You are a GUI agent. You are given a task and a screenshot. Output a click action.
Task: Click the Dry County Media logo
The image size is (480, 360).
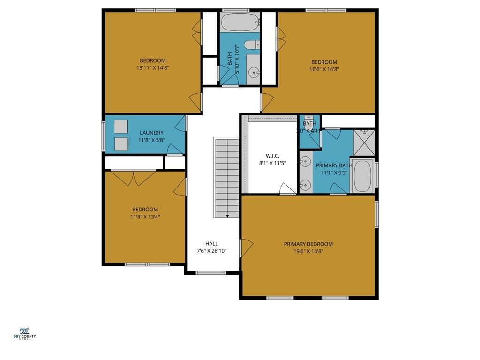point(28,334)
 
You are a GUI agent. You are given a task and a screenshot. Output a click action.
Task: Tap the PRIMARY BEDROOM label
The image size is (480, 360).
point(308,244)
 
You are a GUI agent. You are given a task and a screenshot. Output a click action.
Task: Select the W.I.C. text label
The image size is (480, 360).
point(272,155)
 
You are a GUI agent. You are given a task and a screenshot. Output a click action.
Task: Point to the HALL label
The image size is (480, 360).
point(211,243)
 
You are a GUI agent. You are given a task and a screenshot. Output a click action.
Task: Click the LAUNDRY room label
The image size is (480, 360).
point(151,133)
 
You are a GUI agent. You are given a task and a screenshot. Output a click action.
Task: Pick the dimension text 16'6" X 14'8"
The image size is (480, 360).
point(324,69)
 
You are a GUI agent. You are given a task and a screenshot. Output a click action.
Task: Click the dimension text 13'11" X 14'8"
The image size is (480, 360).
point(153,68)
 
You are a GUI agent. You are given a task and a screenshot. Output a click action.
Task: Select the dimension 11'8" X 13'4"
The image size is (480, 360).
point(145,217)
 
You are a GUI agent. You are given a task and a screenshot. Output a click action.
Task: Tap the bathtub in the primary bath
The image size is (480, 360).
point(363,176)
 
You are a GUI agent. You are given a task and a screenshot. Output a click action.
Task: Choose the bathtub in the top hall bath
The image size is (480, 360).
point(240,22)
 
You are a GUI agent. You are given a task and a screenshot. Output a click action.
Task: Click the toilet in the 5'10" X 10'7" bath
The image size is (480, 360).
point(252,45)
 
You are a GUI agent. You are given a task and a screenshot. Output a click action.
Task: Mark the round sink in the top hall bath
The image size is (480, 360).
point(254,72)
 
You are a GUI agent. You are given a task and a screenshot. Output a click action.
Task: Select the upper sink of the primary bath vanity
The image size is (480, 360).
point(305,162)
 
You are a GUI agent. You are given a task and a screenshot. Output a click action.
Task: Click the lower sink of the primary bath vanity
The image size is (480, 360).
point(305,184)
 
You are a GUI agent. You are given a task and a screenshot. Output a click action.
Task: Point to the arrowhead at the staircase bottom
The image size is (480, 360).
point(227,216)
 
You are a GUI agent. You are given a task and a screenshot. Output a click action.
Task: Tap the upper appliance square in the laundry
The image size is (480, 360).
point(121,127)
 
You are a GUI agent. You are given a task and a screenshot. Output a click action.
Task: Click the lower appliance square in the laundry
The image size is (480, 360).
point(121,143)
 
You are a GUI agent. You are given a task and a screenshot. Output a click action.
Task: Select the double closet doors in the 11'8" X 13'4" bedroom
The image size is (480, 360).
point(134,177)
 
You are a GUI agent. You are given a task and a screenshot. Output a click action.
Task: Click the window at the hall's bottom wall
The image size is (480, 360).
point(210,273)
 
